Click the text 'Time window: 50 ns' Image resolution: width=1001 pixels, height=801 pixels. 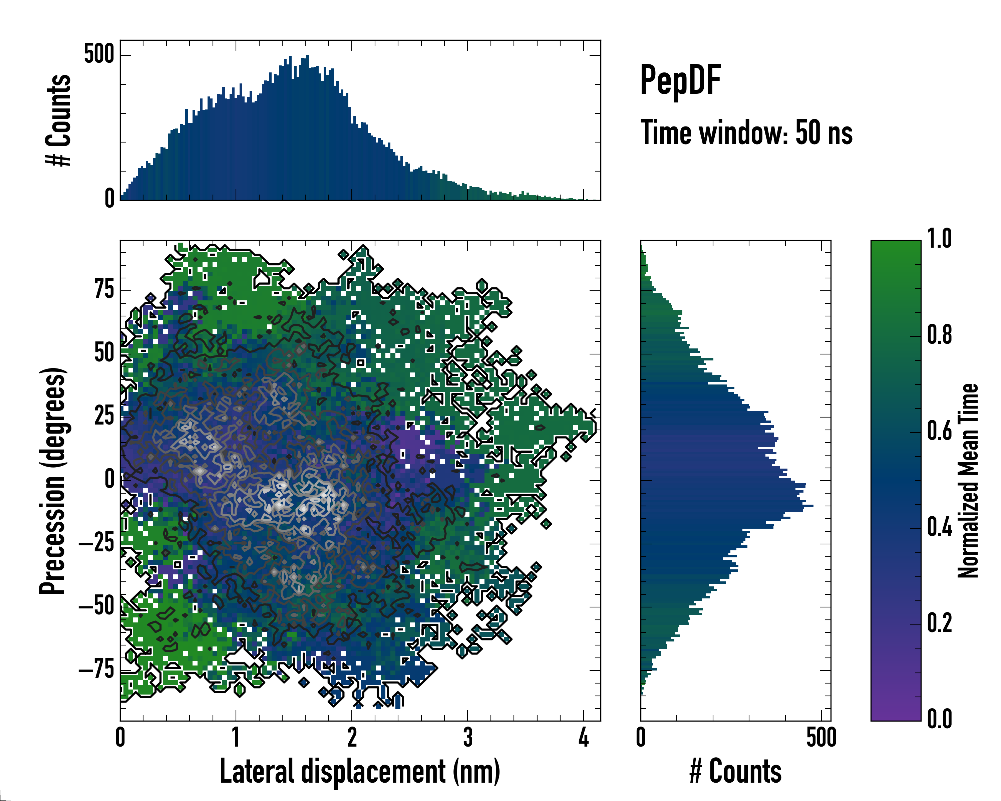coord(746,133)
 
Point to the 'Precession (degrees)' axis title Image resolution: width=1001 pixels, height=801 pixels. coord(52,481)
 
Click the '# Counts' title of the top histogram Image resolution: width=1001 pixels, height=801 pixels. coord(58,120)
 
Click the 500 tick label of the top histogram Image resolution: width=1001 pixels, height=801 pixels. coord(99,54)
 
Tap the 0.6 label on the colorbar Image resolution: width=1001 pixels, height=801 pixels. coord(939,431)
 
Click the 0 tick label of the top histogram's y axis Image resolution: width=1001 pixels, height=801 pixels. coord(109,199)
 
